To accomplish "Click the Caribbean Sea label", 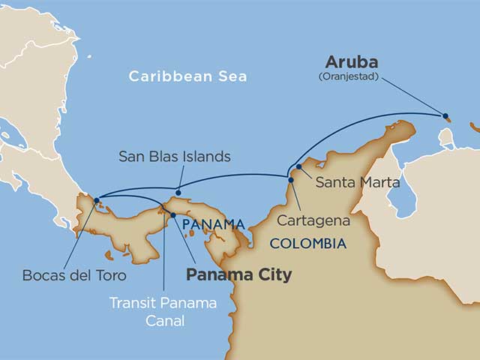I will click(x=187, y=76).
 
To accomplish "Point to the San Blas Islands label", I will click(x=175, y=157).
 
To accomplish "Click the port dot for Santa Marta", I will click(x=298, y=166).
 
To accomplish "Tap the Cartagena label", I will click(x=313, y=220).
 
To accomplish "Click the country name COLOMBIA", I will click(x=307, y=244).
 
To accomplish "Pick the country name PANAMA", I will click(x=214, y=224).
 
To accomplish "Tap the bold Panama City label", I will click(x=238, y=275).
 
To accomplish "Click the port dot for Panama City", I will click(x=173, y=215).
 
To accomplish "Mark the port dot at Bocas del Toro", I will click(x=97, y=199).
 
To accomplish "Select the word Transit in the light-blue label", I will click(x=130, y=303).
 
